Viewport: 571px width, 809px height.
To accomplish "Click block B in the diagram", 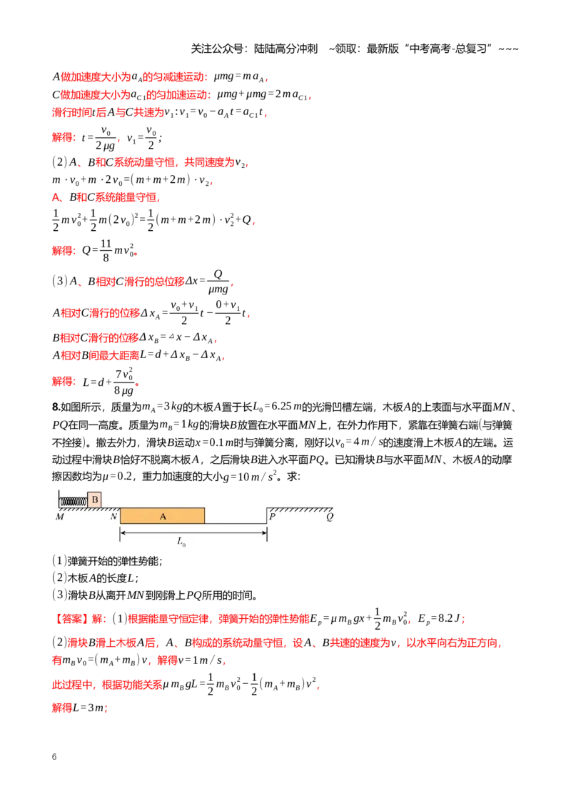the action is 94,500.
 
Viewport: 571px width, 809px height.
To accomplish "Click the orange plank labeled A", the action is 162,516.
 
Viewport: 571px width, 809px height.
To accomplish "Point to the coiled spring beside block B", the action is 74,500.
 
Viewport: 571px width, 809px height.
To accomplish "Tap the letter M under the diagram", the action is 60,517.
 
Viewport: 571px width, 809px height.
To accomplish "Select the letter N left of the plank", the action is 114,516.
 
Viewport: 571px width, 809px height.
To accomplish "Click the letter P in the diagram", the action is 272,516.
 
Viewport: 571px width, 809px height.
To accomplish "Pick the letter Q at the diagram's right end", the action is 330,517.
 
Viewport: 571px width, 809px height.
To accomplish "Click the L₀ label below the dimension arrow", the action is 181,541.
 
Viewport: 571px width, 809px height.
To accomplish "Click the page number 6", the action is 54,757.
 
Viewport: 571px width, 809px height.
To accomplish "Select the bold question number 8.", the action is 56,407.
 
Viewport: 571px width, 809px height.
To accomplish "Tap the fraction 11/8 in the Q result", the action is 106,250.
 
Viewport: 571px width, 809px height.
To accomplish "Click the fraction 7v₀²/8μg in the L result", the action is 123,382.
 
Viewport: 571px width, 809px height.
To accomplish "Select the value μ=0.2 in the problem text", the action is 118,476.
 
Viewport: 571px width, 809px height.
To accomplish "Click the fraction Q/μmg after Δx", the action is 218,282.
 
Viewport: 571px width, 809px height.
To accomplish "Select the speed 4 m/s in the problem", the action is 370,442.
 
